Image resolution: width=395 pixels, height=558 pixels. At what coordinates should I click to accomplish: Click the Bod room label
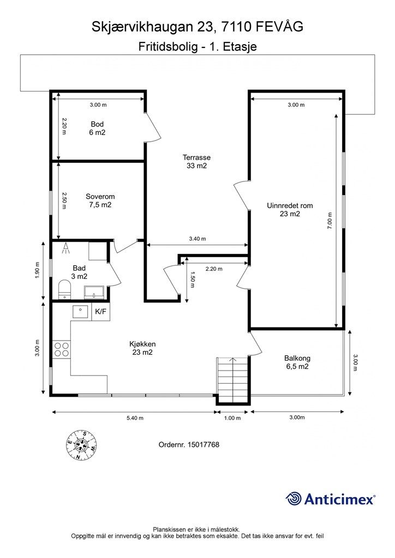pyautogui.click(x=97, y=128)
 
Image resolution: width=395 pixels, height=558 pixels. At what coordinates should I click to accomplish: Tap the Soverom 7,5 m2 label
pyautogui.click(x=100, y=201)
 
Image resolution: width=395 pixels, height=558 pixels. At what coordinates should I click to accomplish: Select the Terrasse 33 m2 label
pyautogui.click(x=196, y=161)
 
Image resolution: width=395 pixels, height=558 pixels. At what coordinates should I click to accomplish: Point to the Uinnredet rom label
pyautogui.click(x=290, y=210)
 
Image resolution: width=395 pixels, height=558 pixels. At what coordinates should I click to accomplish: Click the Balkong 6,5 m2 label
pyautogui.click(x=297, y=362)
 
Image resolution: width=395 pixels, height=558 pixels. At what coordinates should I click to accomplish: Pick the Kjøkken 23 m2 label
pyautogui.click(x=142, y=348)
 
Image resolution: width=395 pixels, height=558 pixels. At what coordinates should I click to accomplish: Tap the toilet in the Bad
pyautogui.click(x=64, y=289)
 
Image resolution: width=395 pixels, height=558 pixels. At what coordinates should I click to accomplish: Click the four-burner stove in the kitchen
pyautogui.click(x=61, y=349)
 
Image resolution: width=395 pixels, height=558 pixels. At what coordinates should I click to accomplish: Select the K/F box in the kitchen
pyautogui.click(x=101, y=312)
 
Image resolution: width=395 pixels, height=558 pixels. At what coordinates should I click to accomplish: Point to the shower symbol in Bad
pyautogui.click(x=65, y=248)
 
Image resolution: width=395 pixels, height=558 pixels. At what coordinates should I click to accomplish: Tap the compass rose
pyautogui.click(x=82, y=445)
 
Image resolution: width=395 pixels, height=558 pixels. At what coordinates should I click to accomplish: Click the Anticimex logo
pyautogui.click(x=330, y=499)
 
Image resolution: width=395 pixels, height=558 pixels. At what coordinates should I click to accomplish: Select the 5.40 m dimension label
pyautogui.click(x=135, y=418)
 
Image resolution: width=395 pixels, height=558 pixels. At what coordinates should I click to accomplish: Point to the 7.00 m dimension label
pyautogui.click(x=330, y=221)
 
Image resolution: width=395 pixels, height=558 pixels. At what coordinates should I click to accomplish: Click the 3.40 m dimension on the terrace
pyautogui.click(x=197, y=239)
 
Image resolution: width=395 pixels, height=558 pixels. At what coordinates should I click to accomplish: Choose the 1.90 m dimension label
pyautogui.click(x=38, y=270)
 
